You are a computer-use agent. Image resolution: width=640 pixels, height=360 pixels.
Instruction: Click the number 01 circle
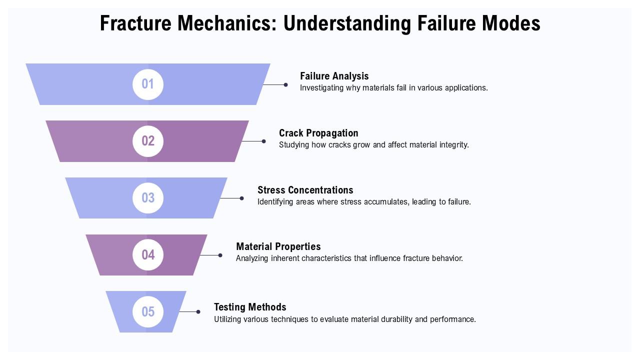(148, 84)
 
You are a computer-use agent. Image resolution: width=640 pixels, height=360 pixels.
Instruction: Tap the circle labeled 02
(148, 141)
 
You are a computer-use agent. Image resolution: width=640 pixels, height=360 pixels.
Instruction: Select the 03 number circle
(148, 198)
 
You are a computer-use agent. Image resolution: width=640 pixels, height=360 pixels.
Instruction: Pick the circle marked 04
(148, 255)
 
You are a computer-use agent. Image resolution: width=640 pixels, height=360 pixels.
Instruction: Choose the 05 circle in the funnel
(148, 312)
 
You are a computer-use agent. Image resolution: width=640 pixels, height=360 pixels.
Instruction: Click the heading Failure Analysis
(334, 76)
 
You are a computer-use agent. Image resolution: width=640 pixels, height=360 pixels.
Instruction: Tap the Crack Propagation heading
(318, 133)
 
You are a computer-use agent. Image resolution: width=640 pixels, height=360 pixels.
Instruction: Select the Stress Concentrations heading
(305, 190)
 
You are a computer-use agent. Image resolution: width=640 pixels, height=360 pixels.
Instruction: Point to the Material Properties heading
(278, 246)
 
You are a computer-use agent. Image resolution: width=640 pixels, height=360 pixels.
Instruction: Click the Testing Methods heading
(250, 307)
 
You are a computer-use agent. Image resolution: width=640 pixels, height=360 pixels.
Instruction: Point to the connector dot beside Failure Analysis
(285, 85)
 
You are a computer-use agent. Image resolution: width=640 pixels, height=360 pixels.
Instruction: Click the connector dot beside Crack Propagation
(264, 141)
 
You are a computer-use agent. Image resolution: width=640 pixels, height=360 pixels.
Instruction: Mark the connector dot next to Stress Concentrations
(242, 198)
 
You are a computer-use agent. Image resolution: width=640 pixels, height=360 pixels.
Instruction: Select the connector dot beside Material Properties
(220, 255)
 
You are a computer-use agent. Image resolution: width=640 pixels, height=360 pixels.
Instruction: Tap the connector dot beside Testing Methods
(198, 312)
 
